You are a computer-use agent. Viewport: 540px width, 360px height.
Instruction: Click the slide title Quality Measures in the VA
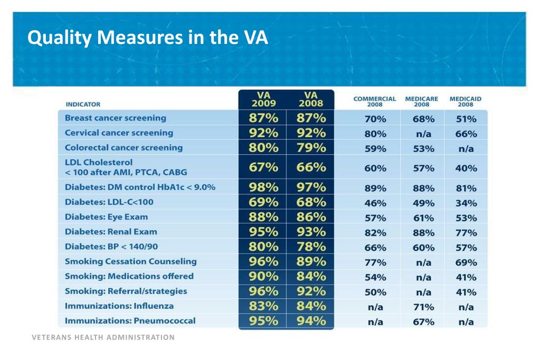pos(148,37)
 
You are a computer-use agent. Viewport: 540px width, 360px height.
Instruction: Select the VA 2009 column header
pos(263,99)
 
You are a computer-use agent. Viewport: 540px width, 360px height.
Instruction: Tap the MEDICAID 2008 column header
pos(465,101)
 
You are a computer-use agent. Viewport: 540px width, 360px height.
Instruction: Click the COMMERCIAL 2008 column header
pos(375,101)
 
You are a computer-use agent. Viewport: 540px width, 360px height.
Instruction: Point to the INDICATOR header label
pos(83,105)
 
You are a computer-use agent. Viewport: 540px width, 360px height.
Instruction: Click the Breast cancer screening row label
pos(116,118)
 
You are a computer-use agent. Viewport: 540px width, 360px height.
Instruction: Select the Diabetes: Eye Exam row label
pos(106,217)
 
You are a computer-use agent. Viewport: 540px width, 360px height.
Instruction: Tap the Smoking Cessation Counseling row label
pos(130,261)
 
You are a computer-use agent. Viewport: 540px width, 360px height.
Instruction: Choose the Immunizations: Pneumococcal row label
pos(130,321)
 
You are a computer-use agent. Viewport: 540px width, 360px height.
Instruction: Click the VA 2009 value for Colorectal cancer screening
pos(263,148)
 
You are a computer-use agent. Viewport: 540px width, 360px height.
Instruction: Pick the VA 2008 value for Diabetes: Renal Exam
pos(311,232)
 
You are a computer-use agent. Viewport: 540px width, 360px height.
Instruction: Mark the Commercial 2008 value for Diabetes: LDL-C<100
pos(375,203)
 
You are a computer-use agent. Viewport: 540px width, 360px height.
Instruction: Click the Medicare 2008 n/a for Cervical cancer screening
pos(423,134)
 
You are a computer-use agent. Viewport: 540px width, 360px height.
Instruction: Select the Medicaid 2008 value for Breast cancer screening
pos(466,119)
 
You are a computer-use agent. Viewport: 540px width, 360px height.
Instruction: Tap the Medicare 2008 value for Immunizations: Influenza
pos(423,307)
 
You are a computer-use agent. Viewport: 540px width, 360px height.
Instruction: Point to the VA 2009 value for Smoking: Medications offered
pos(263,276)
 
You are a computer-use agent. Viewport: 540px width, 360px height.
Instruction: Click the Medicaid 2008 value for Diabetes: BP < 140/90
pos(466,248)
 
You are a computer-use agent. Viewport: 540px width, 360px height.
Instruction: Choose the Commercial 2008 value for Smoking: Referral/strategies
pos(375,292)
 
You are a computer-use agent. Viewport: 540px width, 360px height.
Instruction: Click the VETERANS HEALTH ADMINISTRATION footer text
pos(103,337)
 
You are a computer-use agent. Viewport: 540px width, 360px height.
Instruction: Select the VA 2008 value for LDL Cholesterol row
pos(311,167)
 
